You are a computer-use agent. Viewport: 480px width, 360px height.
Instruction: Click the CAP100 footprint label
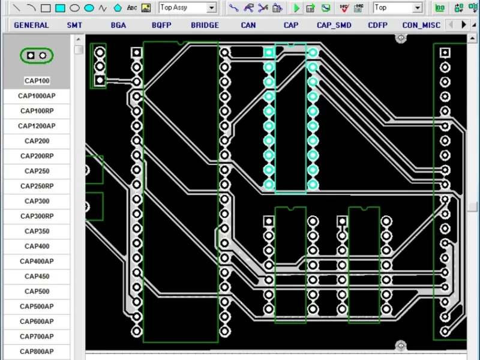(37, 81)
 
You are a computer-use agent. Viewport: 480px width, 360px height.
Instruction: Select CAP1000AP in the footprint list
(37, 96)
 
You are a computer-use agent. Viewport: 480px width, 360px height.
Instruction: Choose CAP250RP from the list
(37, 186)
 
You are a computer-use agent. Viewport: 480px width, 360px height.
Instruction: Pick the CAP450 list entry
(37, 276)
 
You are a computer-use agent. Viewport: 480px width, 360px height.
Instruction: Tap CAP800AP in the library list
(37, 352)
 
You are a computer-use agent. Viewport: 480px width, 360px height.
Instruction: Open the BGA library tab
(118, 25)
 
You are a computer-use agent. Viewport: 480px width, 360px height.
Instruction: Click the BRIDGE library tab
(205, 25)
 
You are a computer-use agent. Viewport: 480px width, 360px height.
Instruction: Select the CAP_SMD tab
(334, 25)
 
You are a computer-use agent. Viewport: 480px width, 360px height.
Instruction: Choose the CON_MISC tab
(421, 25)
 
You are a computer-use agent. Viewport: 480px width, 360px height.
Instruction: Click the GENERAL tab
(31, 25)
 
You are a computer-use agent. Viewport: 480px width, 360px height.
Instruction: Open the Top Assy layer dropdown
(211, 8)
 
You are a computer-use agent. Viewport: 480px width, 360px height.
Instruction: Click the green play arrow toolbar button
(296, 8)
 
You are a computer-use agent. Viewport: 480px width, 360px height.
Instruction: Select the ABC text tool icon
(132, 8)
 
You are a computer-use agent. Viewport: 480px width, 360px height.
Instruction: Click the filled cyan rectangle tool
(60, 8)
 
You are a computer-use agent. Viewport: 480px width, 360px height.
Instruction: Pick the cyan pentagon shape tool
(118, 8)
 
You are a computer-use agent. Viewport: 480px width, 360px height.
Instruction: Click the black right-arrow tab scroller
(464, 25)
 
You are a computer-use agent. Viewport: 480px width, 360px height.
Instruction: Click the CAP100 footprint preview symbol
(37, 55)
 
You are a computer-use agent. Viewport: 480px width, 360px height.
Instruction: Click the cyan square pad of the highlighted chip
(269, 53)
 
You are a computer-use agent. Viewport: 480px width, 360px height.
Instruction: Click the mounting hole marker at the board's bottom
(401, 346)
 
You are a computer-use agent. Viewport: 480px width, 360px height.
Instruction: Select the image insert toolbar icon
(146, 8)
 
